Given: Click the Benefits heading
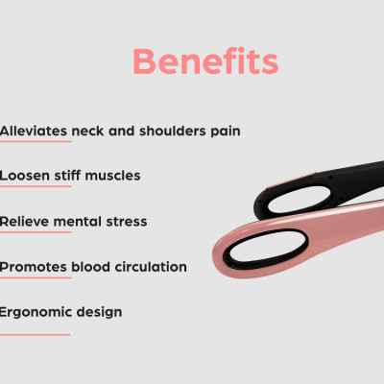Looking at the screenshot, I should (x=205, y=61).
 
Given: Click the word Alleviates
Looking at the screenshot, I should (x=32, y=130).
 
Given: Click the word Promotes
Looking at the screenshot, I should (x=33, y=266).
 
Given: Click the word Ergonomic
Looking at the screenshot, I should (x=36, y=312).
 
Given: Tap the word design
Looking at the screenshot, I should (x=99, y=313).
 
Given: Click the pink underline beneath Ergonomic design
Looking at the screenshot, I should (x=35, y=334).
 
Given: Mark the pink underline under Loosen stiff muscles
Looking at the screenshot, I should (x=35, y=188).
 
